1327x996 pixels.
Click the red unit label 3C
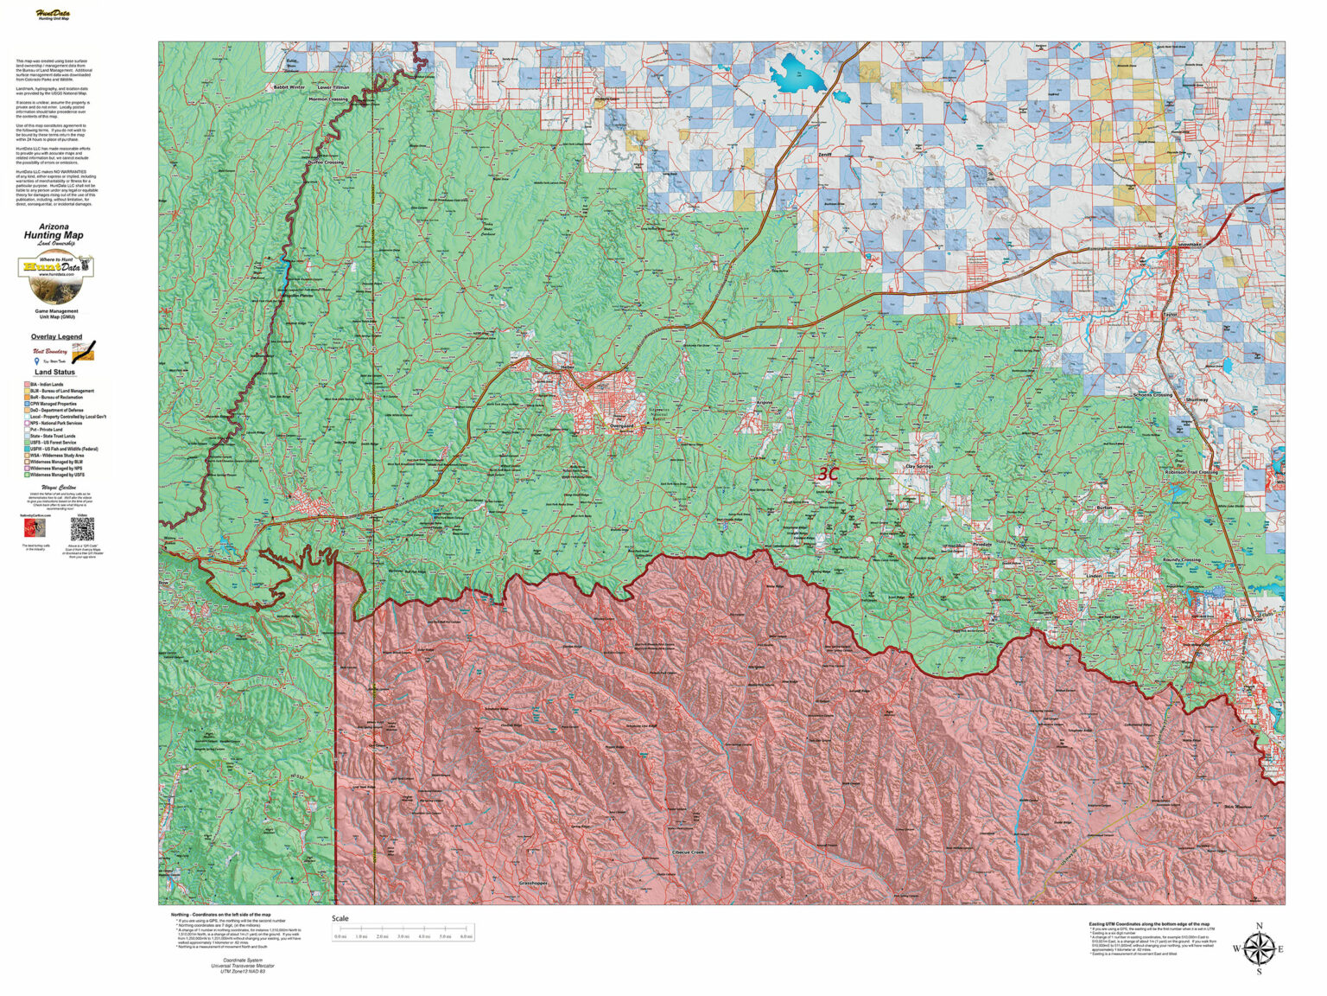click(828, 473)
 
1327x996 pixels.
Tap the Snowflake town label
click(1189, 245)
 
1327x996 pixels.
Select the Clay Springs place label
click(918, 466)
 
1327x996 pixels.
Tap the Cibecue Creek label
click(689, 852)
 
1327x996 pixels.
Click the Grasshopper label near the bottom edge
click(533, 883)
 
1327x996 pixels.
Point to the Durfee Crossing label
click(326, 163)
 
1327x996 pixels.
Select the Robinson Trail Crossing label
click(1191, 473)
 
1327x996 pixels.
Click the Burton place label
click(1103, 508)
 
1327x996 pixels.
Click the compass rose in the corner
click(1259, 948)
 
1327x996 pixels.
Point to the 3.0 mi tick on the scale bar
click(403, 936)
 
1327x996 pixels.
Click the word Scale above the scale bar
click(340, 918)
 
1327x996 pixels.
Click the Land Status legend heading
click(54, 372)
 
